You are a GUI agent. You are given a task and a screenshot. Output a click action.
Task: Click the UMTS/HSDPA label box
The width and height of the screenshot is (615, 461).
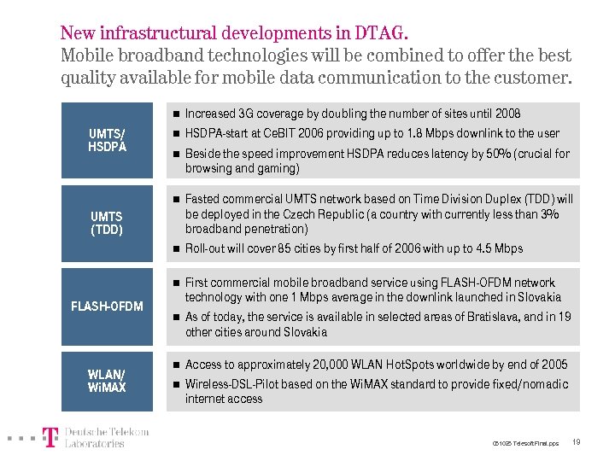click(107, 140)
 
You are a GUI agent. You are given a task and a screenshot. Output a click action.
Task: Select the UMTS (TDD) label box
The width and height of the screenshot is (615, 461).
click(107, 223)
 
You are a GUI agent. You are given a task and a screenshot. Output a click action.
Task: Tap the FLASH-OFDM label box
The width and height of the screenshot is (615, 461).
click(107, 306)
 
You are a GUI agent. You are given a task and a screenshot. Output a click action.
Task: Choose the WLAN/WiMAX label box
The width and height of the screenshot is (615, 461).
click(107, 381)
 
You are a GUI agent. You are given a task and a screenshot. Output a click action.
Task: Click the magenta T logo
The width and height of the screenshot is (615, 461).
click(51, 437)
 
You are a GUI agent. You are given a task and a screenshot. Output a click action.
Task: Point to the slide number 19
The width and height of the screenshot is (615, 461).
click(577, 442)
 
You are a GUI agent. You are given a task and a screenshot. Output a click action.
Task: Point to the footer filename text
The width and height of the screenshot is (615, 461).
click(525, 444)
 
